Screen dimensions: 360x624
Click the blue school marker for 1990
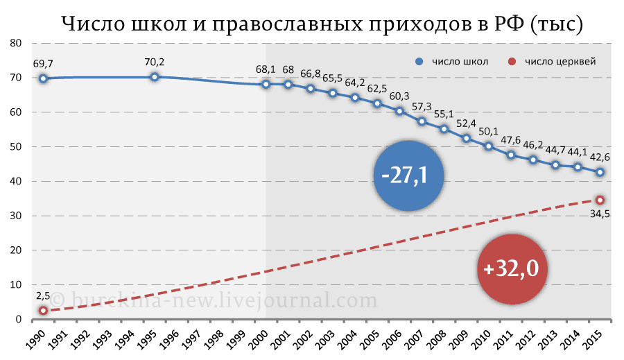tap(43, 78)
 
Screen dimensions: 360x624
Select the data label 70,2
tap(155, 62)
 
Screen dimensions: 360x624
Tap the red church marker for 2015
tap(600, 200)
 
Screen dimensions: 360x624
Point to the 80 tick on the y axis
tap(16, 43)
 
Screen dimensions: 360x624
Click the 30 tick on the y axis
tap(16, 216)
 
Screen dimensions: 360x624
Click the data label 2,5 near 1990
tap(43, 296)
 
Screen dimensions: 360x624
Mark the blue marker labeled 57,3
tap(422, 121)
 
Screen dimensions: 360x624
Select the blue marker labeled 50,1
tap(488, 146)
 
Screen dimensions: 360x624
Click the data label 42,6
tap(600, 157)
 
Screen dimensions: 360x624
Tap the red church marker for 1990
tap(43, 311)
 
